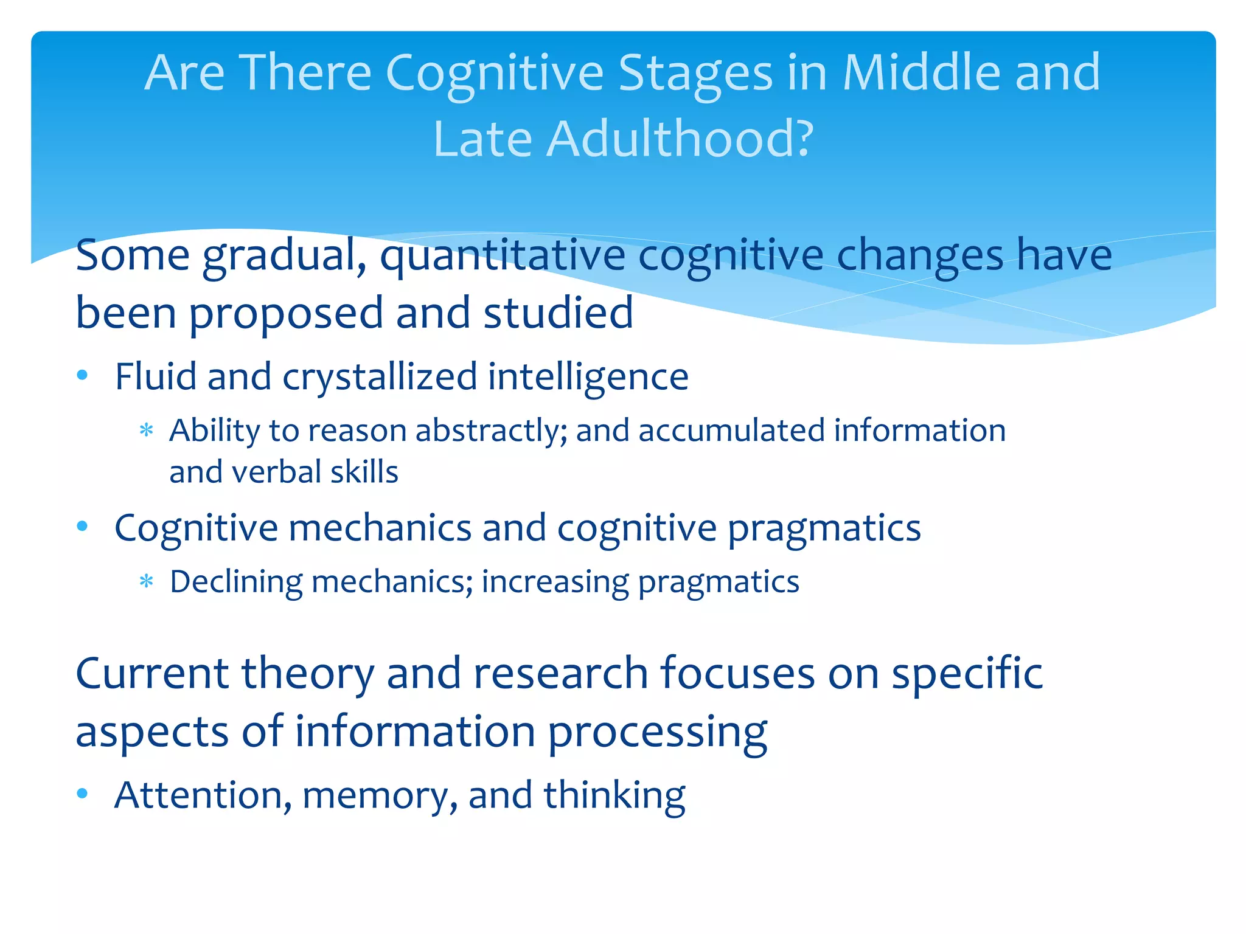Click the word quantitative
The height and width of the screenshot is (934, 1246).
tap(503, 255)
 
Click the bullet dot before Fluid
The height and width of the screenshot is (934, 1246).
tap(83, 375)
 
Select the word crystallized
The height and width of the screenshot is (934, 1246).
tap(380, 377)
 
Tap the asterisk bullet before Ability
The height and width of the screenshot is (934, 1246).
tap(146, 431)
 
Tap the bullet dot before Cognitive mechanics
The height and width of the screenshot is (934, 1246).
tap(83, 525)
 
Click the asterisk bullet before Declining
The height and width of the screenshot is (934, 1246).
tap(146, 581)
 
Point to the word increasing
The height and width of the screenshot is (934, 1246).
tap(555, 583)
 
